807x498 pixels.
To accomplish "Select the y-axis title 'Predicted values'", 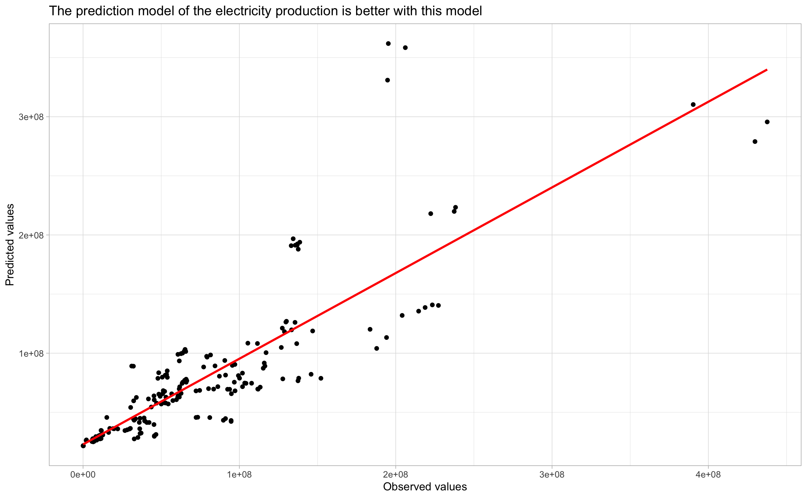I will point(10,245).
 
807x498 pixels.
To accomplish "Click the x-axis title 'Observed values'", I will point(425,486).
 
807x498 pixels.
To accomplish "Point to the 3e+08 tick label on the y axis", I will point(31,117).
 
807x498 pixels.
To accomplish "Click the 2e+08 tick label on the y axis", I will point(31,235).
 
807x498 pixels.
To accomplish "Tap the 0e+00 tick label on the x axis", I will point(83,474).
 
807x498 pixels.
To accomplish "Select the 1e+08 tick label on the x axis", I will point(239,474).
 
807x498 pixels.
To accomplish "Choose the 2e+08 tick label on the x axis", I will point(396,474).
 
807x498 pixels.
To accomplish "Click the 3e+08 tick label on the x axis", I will point(552,474).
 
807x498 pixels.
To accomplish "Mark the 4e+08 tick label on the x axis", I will point(708,474).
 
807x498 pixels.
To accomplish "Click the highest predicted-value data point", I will point(388,43).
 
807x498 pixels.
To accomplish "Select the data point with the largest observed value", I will point(767,122).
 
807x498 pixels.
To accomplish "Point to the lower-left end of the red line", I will point(83,445).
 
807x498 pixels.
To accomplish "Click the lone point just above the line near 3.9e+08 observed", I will point(693,104).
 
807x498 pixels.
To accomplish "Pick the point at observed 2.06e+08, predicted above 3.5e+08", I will point(405,48).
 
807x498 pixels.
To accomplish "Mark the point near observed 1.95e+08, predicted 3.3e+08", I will point(388,80).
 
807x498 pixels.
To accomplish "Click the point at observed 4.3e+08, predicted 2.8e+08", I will point(755,142).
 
